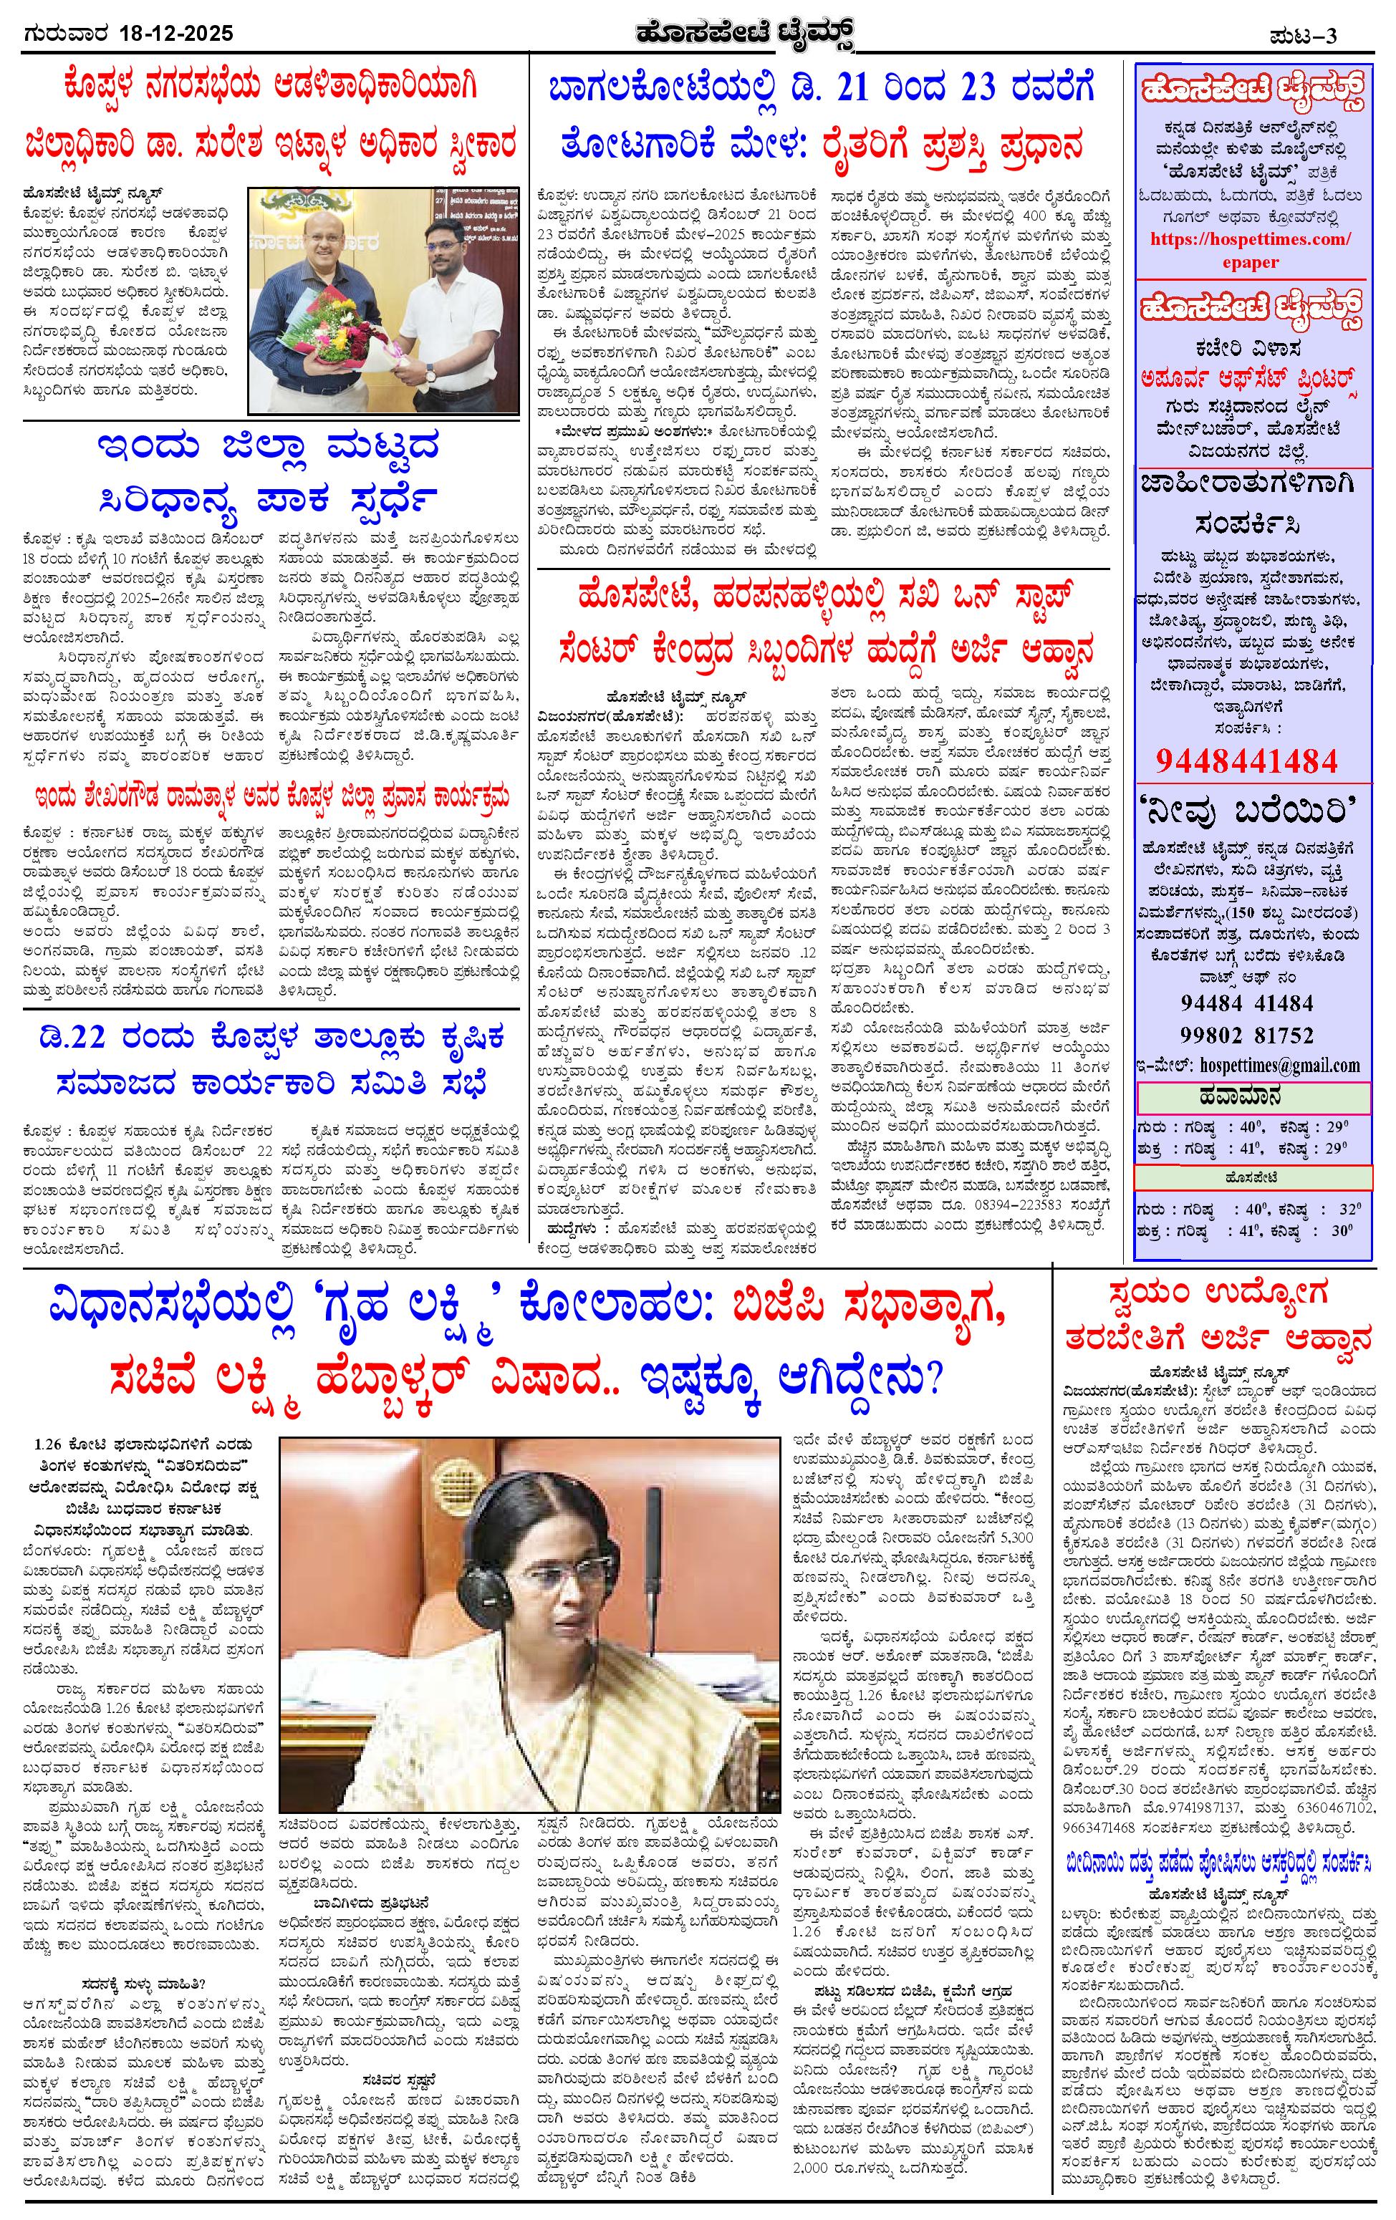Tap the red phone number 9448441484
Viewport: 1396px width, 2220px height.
[1246, 761]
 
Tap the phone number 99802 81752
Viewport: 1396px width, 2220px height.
[1246, 1033]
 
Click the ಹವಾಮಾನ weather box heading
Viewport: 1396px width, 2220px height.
[1251, 1097]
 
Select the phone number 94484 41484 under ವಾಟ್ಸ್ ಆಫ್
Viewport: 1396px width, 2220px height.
[1246, 1001]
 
